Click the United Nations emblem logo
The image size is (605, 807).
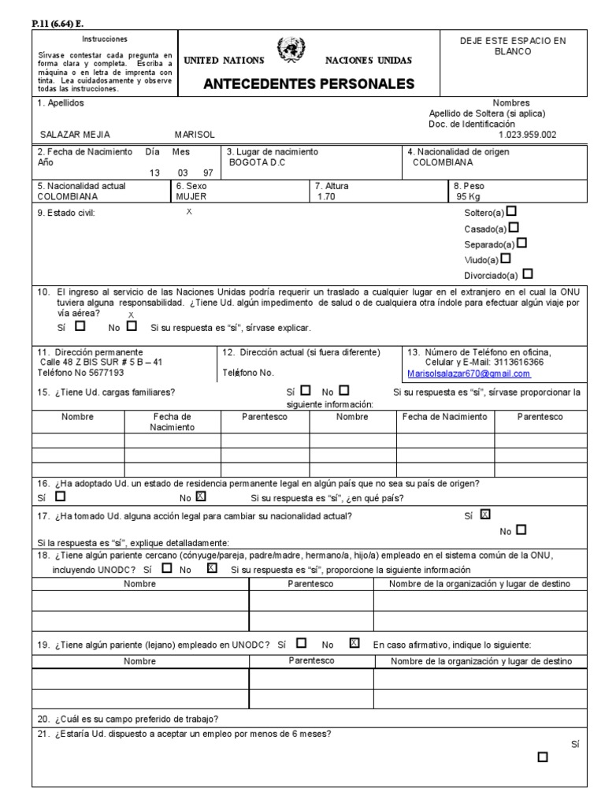click(293, 52)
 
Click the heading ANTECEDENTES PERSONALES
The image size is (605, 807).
click(309, 84)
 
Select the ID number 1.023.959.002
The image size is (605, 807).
click(527, 135)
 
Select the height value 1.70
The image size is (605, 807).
click(326, 197)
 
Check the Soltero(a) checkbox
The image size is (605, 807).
click(512, 211)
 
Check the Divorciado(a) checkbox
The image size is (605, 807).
click(527, 274)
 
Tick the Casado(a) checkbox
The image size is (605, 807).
click(514, 228)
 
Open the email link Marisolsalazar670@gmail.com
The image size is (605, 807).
click(468, 374)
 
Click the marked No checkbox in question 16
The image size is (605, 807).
click(200, 496)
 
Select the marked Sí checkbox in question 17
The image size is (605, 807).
click(484, 515)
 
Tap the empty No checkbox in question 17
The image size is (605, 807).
click(521, 530)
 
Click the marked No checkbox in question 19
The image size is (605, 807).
click(354, 642)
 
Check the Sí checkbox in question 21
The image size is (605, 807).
click(542, 757)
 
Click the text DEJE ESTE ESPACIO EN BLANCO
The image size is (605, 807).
click(513, 46)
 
